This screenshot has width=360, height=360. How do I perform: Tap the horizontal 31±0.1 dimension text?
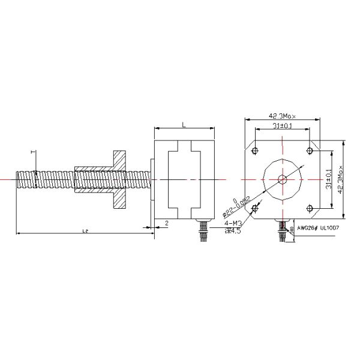[281, 127]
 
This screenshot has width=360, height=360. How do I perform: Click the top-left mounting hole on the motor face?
[256, 149]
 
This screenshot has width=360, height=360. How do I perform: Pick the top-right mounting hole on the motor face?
[309, 149]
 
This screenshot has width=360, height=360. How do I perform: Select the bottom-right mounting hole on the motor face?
[309, 208]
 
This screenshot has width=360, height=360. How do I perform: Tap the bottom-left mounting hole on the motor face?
[256, 208]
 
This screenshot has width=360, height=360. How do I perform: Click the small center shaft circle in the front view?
[283, 179]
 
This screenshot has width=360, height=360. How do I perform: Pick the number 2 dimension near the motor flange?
[166, 223]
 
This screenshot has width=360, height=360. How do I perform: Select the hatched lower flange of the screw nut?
[118, 199]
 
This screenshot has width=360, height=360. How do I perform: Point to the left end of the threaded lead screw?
[19, 179]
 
